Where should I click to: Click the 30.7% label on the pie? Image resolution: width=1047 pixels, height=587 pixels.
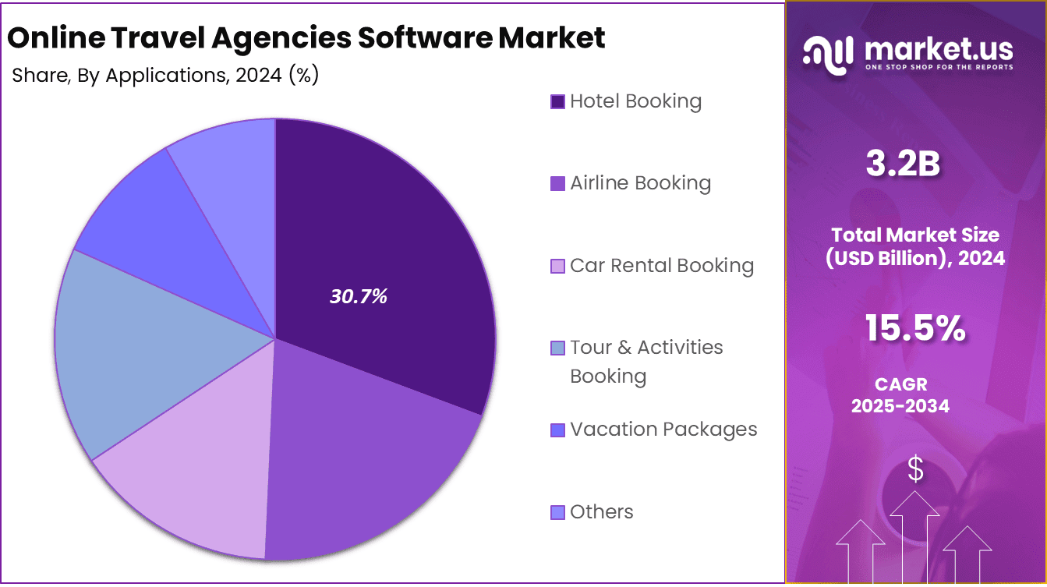tap(359, 296)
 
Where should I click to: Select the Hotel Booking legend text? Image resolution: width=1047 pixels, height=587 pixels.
tap(635, 101)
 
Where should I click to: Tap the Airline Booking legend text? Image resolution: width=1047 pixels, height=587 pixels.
tap(640, 183)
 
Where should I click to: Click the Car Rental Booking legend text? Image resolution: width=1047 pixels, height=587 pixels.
tap(662, 266)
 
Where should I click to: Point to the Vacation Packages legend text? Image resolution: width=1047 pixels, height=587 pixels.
tap(663, 430)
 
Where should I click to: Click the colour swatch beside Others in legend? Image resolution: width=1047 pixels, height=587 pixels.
tap(557, 512)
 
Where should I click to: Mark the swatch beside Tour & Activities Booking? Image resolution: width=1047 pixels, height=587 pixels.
tap(557, 348)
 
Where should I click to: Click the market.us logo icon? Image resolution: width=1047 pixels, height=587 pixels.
tap(828, 55)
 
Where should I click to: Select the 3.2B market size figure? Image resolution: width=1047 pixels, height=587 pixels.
tap(903, 164)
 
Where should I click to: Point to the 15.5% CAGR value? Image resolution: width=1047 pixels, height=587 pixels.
tap(915, 329)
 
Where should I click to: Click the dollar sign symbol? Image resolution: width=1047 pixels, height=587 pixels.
tap(916, 469)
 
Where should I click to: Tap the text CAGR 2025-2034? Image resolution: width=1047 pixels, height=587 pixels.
tap(900, 395)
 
